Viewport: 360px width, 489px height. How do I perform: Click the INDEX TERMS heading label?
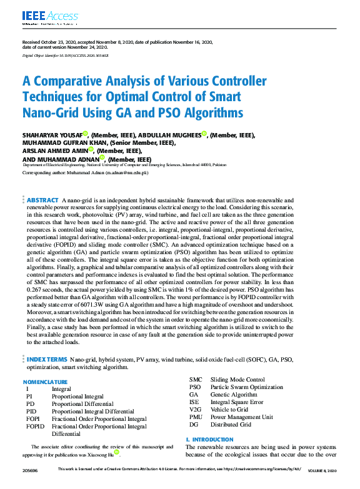coord(46,360)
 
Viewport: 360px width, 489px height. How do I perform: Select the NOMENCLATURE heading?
coord(46,381)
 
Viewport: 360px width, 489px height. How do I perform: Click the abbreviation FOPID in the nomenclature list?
coord(35,426)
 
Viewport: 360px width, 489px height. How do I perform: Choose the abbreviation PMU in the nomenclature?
coord(196,417)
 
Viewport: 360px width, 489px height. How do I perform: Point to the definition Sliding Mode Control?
coord(237,380)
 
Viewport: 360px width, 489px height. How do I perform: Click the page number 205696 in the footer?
coord(29,469)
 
